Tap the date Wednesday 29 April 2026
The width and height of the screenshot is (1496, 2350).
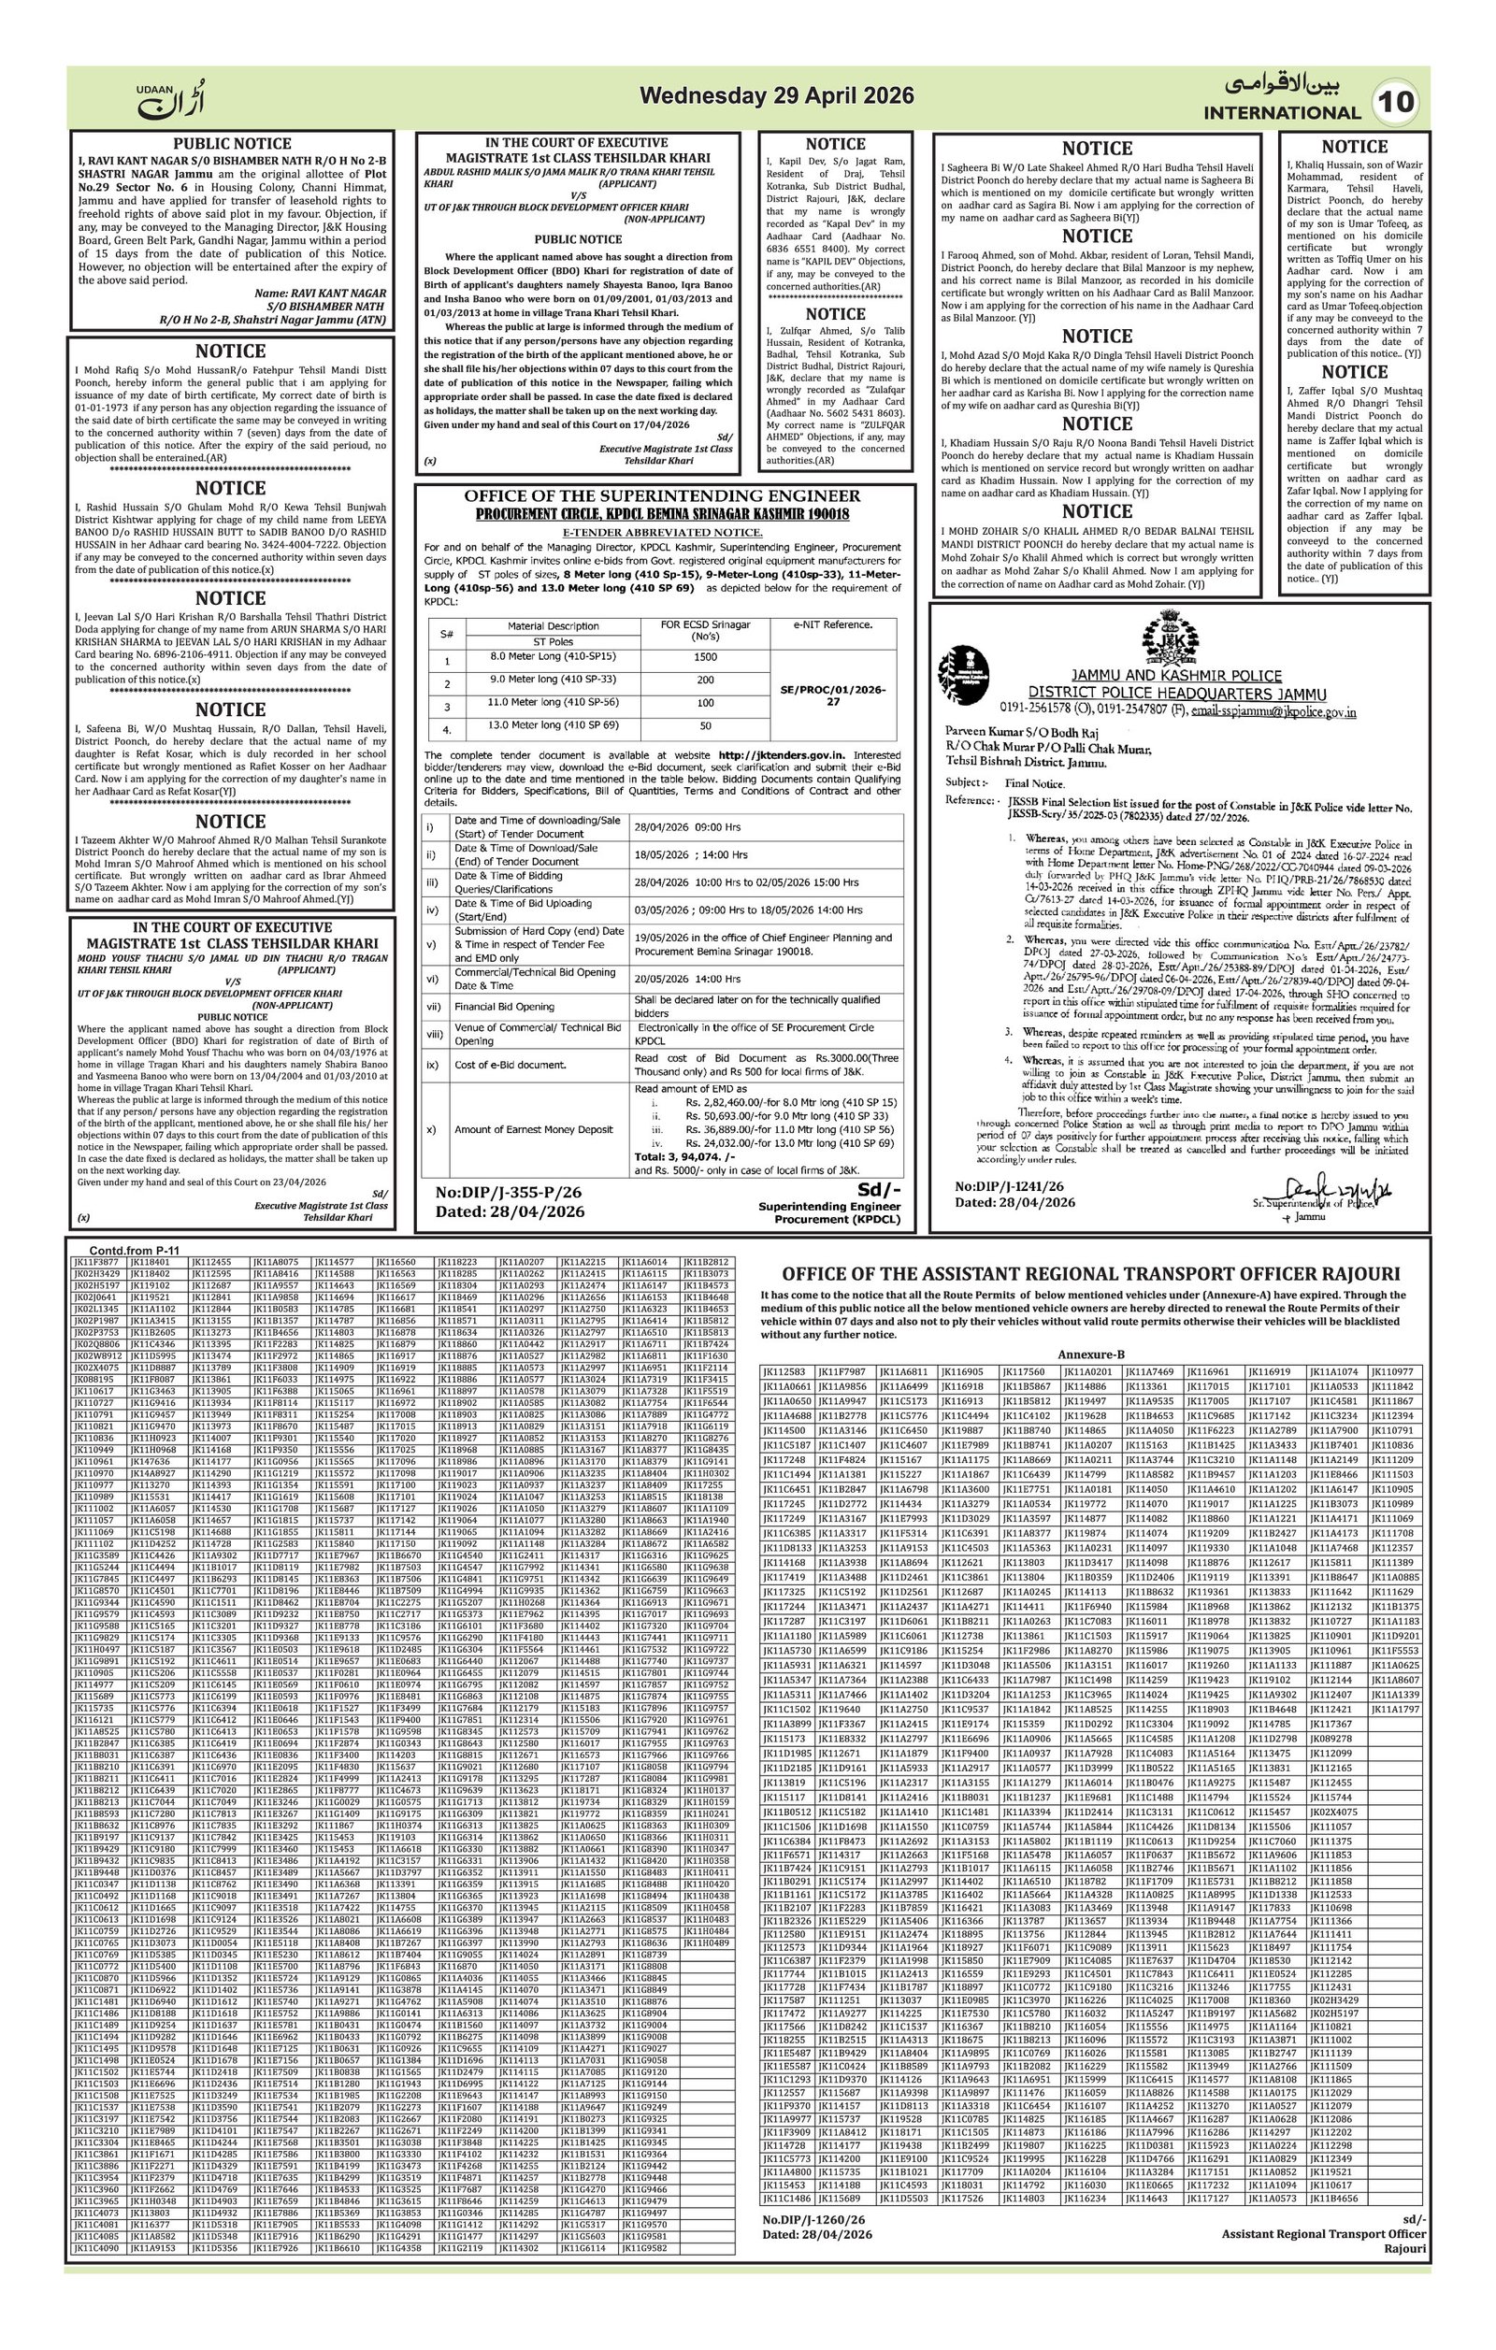(x=777, y=95)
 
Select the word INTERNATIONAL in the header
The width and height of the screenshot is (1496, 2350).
(x=1281, y=112)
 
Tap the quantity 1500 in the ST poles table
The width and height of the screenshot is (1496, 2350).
(x=705, y=657)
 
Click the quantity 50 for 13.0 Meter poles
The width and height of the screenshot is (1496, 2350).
(x=705, y=726)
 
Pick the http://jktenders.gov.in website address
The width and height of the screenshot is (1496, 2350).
(x=782, y=755)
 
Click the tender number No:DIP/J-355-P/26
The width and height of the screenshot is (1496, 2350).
(x=509, y=1192)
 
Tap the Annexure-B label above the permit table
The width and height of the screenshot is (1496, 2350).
(x=1091, y=1354)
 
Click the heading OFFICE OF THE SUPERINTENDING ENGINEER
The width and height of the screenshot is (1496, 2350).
(x=662, y=495)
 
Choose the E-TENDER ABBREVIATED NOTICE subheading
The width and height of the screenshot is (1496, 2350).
(x=663, y=532)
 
